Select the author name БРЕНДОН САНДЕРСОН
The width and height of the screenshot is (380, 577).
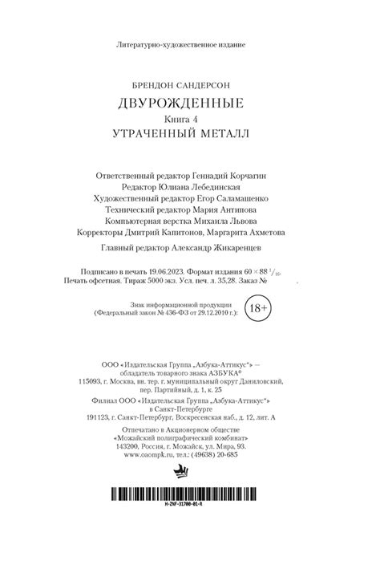click(x=189, y=83)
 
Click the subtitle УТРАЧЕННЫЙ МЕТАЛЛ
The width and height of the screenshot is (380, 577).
click(x=189, y=132)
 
